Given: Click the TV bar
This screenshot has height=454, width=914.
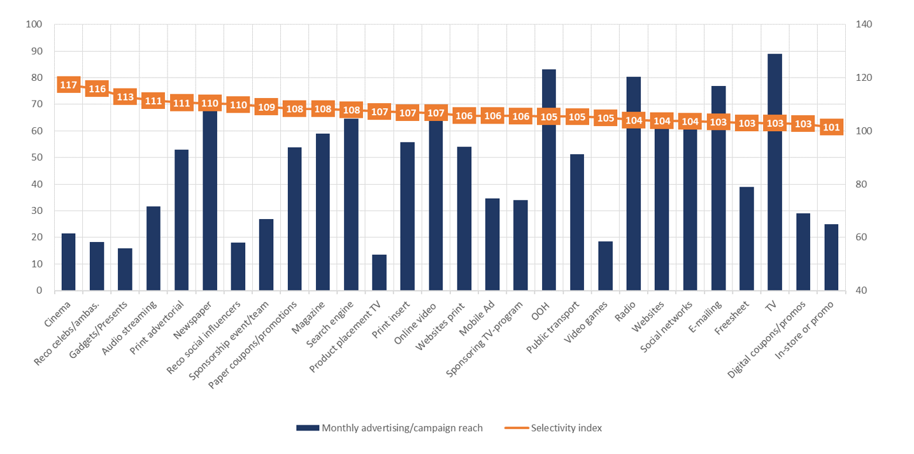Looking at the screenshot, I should [775, 210].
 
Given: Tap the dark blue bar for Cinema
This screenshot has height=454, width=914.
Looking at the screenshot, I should [68, 262].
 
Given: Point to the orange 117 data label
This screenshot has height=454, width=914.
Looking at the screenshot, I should [68, 85].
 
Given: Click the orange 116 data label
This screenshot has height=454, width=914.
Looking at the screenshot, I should [97, 89].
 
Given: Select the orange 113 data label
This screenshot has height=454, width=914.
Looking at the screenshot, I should [125, 97].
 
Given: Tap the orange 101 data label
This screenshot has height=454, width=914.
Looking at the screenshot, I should [831, 127].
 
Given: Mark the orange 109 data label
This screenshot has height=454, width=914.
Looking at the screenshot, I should [266, 107].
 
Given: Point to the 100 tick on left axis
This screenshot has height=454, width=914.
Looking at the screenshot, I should [33, 25].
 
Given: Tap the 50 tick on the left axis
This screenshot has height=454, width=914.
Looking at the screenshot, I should [36, 157].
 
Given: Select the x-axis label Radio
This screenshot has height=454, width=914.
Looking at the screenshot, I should [629, 311].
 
